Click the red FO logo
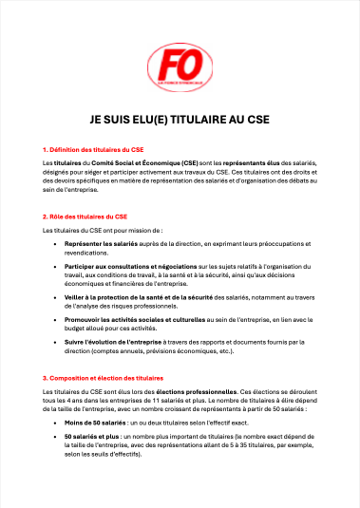[180, 67]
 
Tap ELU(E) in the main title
[142, 122]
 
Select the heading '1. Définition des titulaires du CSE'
[93, 150]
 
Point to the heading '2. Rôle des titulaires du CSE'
[85, 217]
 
